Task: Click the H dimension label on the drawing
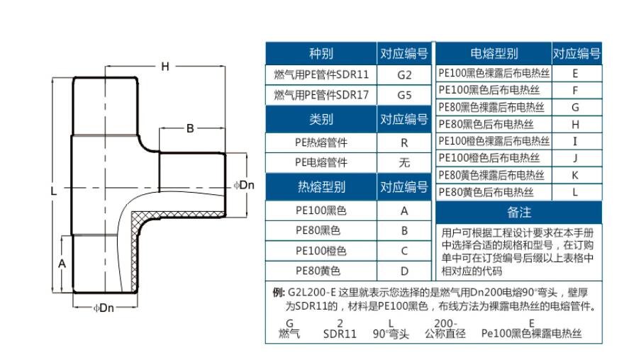(165, 67)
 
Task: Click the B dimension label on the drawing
(189, 128)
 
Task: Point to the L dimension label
(55, 191)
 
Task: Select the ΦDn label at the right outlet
(243, 186)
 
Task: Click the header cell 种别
(321, 54)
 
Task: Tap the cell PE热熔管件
(321, 142)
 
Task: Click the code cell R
(404, 142)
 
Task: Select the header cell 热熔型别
(321, 187)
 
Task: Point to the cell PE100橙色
(321, 251)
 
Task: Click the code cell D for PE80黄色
(404, 271)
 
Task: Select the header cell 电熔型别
(494, 54)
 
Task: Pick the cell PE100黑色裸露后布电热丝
(494, 72)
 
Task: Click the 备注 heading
(519, 213)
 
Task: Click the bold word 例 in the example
(278, 293)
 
